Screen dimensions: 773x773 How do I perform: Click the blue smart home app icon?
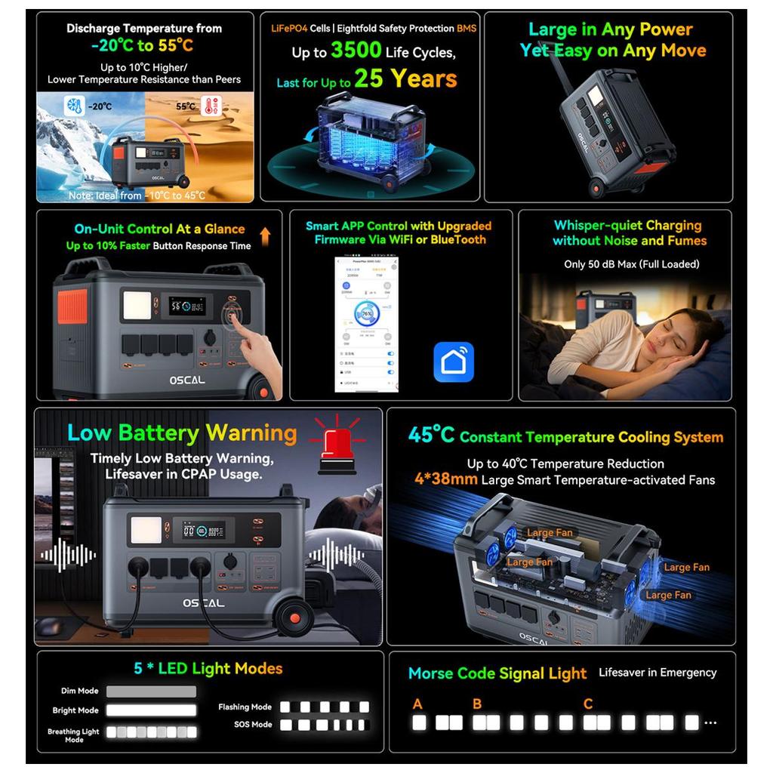454,362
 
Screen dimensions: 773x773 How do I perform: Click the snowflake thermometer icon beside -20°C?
75,105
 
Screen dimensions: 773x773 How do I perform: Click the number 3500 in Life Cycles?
356,51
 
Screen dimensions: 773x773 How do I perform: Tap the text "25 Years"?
405,79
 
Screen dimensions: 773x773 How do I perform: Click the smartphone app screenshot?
366,325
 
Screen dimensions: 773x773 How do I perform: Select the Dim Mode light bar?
151,691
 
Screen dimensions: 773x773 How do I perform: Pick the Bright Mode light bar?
151,710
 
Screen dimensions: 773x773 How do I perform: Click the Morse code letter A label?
417,704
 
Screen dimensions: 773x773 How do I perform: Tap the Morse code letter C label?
588,704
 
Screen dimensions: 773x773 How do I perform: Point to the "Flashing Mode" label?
245,707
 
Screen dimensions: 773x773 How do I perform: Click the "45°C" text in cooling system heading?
431,436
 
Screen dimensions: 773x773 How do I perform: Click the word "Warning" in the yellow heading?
251,433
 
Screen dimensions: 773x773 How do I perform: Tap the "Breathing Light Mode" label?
73,735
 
